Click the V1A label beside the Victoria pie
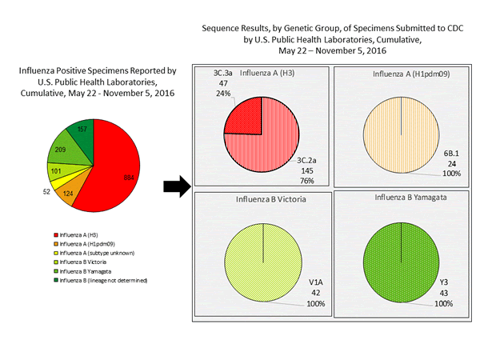[297, 282]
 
